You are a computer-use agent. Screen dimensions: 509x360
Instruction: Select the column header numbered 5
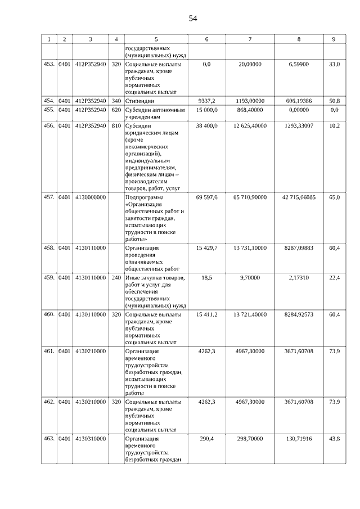[x=156, y=39]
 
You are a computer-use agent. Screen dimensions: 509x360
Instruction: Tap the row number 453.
[x=49, y=65]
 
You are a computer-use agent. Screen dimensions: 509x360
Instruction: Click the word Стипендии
[x=141, y=101]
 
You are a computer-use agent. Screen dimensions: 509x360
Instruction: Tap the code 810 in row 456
[x=116, y=125]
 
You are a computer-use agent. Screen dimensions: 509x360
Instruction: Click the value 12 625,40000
[x=250, y=125]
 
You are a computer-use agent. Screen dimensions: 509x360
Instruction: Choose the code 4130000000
[x=90, y=197]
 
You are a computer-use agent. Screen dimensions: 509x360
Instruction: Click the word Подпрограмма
[x=145, y=197]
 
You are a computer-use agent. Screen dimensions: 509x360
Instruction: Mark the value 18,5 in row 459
[x=206, y=278]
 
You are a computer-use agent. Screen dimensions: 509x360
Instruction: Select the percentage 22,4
[x=334, y=278]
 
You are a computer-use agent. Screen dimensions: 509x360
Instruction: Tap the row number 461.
[x=49, y=351]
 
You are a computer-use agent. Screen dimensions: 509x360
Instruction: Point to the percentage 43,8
[x=334, y=439]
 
